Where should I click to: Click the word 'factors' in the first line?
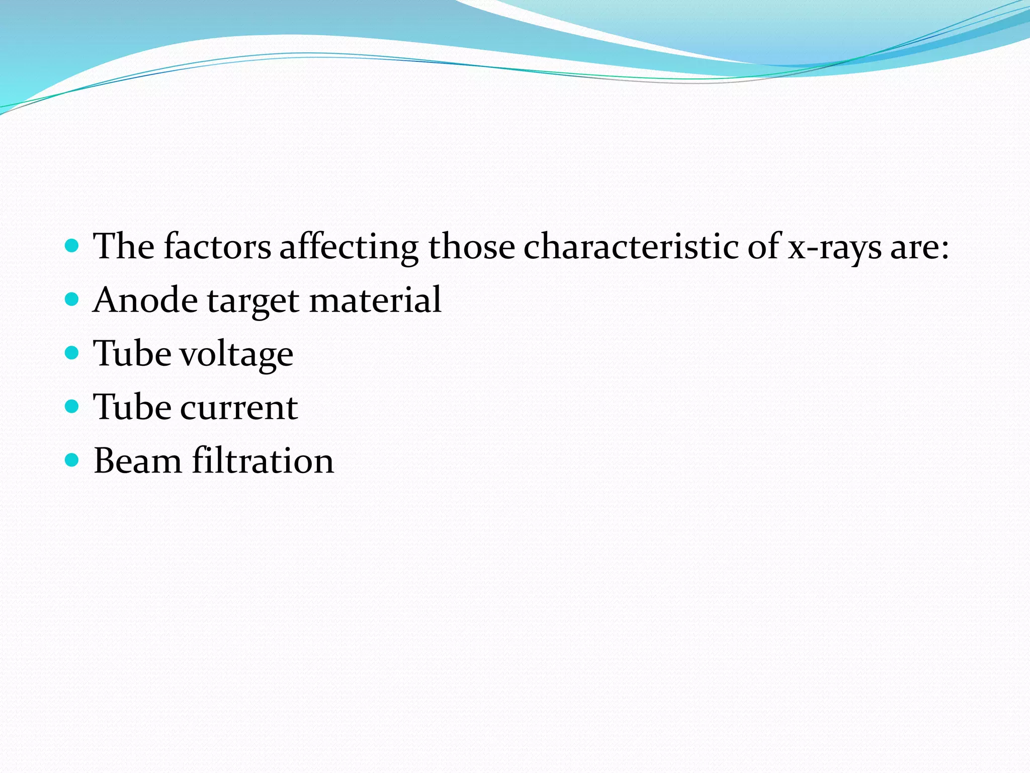217,247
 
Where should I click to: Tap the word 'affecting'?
349,248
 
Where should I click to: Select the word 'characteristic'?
631,247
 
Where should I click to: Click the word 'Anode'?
146,300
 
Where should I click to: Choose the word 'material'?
375,300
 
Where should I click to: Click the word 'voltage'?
236,354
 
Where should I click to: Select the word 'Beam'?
138,461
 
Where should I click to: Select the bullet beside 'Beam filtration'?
72,460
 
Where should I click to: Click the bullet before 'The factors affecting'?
72,246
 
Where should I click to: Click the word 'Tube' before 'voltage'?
132,353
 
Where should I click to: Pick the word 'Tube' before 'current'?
132,407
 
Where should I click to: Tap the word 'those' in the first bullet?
471,247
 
